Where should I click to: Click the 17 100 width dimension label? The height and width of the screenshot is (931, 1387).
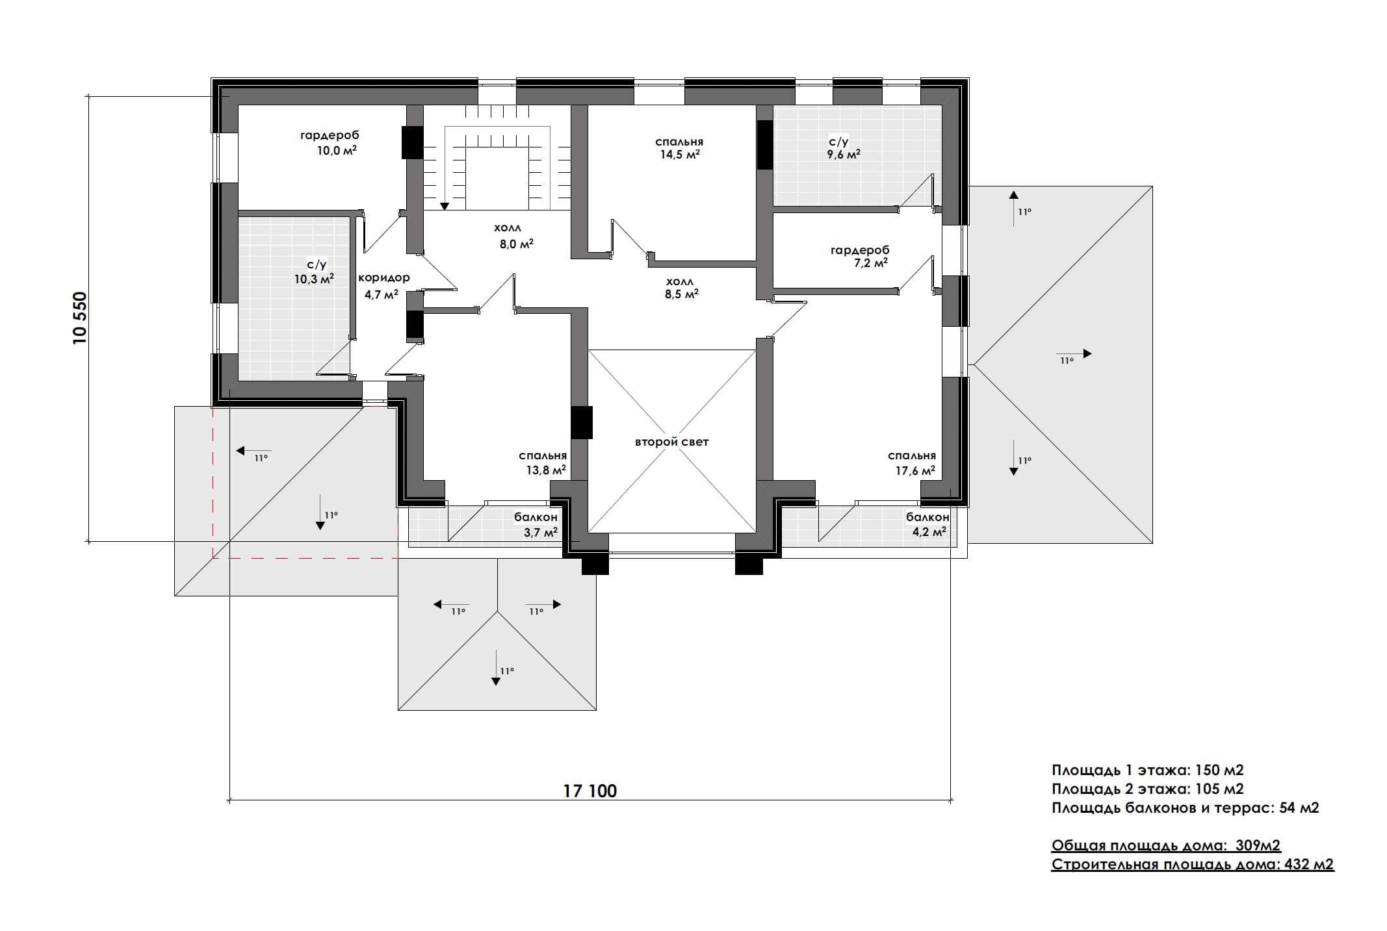pos(590,791)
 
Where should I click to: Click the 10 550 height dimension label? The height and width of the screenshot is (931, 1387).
pos(80,318)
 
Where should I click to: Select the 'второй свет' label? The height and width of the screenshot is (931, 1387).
pos(671,442)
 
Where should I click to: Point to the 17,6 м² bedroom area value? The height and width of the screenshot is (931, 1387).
pos(915,470)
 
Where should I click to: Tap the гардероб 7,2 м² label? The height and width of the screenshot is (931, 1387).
pos(860,256)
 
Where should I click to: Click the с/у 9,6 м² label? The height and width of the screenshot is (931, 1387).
pos(843,148)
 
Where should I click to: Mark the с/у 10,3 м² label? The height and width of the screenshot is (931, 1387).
pos(314,272)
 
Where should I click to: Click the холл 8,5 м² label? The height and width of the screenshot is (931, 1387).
pos(680,288)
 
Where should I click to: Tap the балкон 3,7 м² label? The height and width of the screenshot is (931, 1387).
pos(537,525)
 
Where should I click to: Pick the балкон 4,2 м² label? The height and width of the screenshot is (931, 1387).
pos(927,524)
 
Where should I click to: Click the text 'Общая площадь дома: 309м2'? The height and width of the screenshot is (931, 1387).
pos(1166,845)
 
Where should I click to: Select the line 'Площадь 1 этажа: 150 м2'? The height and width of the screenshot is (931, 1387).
pos(1148,770)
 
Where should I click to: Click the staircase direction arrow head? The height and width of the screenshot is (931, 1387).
pos(445,206)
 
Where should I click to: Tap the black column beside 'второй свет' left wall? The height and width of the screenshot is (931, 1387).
pos(582,422)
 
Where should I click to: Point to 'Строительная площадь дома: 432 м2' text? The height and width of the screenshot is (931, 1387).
pos(1193,865)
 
